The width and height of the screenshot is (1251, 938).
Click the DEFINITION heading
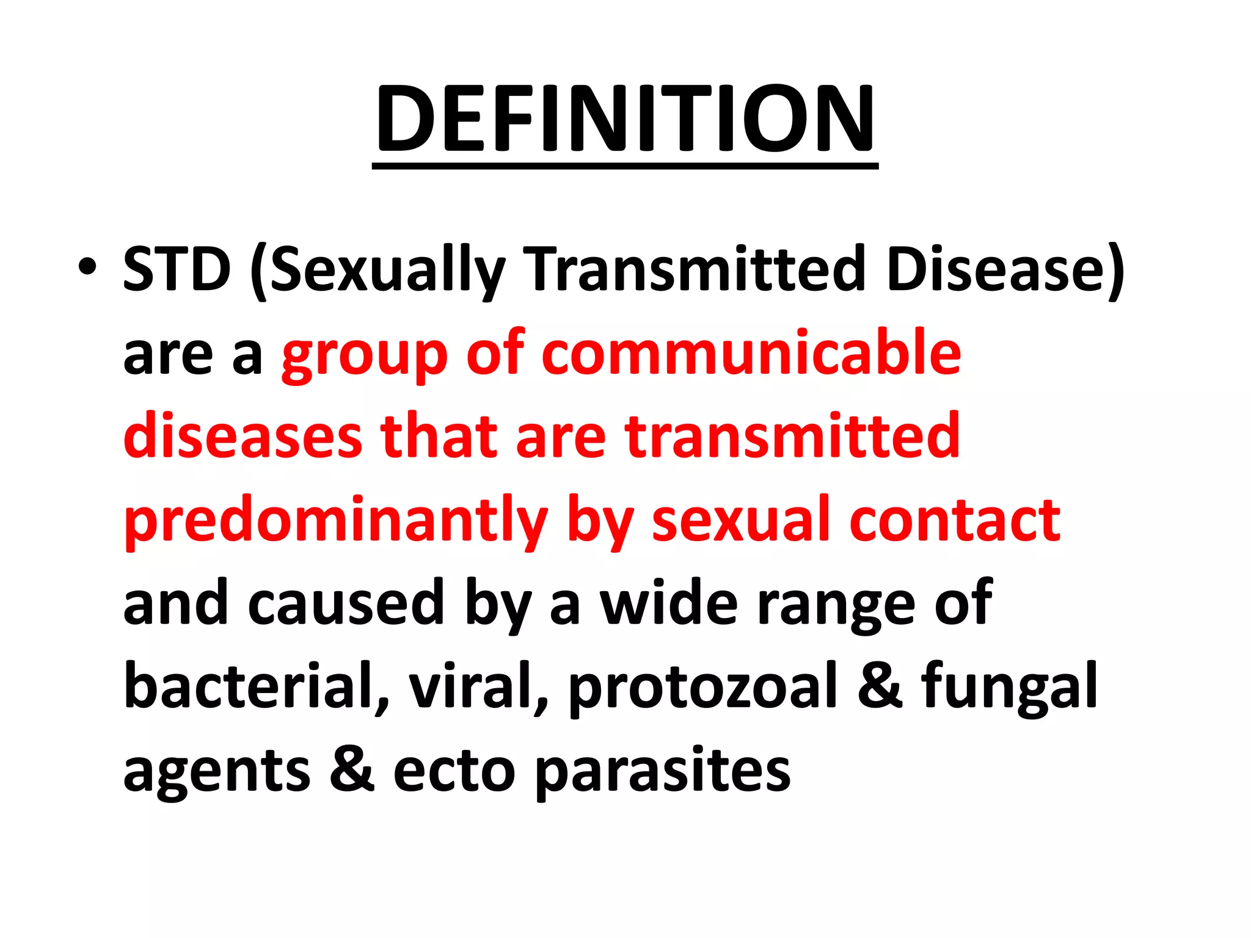pyautogui.click(x=625, y=119)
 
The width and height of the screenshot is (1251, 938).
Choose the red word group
pyautogui.click(x=364, y=354)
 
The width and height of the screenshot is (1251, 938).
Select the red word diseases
pyautogui.click(x=243, y=436)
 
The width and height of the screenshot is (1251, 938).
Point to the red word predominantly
pyautogui.click(x=335, y=520)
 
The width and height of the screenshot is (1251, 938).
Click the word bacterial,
pyautogui.click(x=256, y=686)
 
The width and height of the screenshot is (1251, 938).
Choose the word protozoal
pyautogui.click(x=702, y=688)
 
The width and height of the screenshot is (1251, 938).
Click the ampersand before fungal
pyautogui.click(x=880, y=686)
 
